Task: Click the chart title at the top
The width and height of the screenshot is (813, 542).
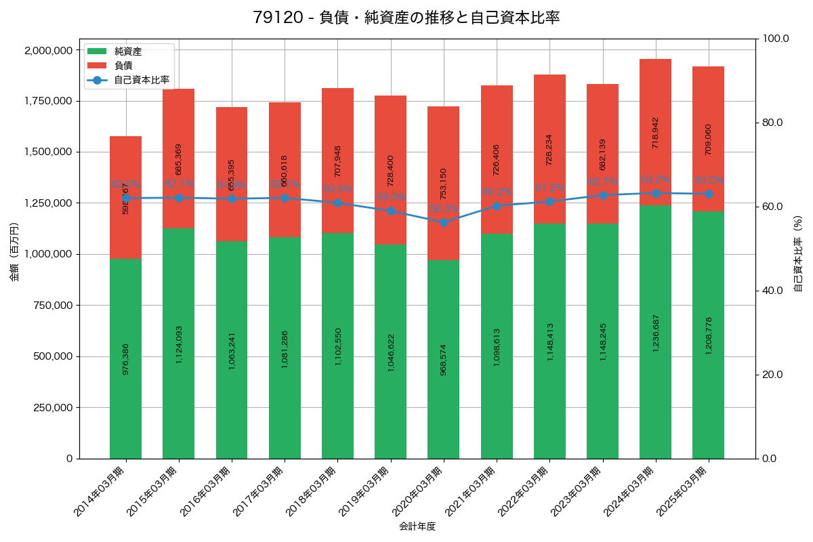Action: point(406,18)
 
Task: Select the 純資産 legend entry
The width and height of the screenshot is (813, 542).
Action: point(128,51)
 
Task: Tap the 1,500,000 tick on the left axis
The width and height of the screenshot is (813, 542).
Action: point(48,152)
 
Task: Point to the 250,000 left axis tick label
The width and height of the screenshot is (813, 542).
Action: point(51,408)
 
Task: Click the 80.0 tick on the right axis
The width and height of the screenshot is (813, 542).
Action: point(772,123)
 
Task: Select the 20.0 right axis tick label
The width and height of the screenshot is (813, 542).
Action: point(772,375)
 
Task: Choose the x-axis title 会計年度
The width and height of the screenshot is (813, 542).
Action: point(417,526)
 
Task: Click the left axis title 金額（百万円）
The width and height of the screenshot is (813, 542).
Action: point(14,252)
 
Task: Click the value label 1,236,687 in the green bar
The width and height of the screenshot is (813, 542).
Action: point(655,333)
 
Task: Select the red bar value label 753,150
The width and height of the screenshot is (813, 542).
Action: point(444,184)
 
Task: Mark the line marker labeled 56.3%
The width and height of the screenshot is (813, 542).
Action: point(444,222)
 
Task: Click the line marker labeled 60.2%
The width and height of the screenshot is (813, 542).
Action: point(497,206)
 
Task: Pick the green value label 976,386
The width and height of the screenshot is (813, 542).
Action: point(126,359)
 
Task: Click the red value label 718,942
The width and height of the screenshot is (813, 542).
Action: point(655,133)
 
